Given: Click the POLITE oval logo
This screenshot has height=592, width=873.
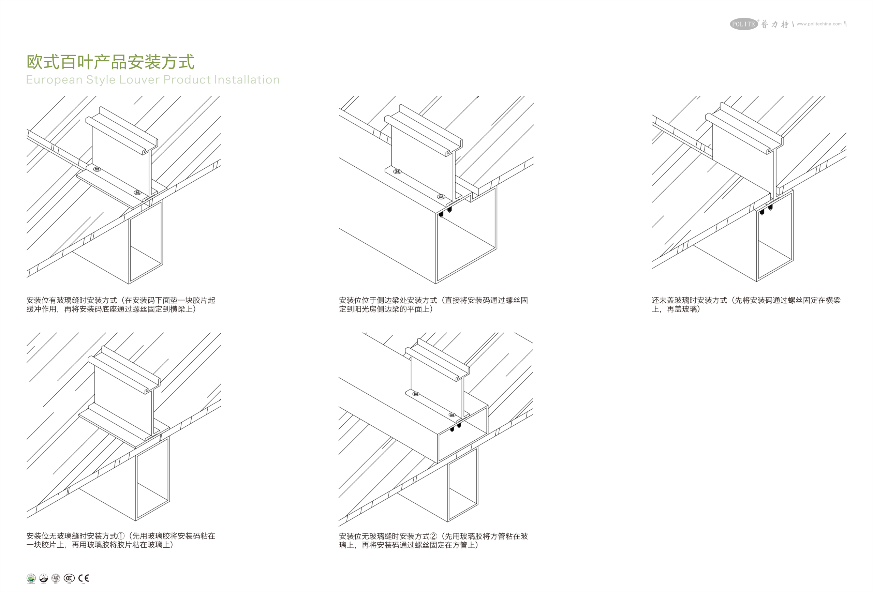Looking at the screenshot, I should [x=744, y=24].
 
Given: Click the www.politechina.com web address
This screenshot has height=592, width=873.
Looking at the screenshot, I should [x=819, y=24].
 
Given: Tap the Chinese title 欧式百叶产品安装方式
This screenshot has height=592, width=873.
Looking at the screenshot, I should [x=110, y=62].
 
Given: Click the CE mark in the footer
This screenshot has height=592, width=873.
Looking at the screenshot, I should [x=84, y=578].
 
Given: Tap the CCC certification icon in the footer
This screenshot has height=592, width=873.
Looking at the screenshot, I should [x=69, y=578].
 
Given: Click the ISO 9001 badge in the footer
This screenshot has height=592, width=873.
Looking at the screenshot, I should [x=56, y=578].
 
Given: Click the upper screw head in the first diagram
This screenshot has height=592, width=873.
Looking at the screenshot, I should [x=97, y=169].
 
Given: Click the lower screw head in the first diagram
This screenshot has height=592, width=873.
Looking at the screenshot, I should [x=137, y=193].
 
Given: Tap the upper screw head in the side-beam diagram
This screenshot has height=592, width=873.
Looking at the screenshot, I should [x=397, y=171].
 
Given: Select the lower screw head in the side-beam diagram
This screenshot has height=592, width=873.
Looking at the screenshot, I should [x=441, y=197].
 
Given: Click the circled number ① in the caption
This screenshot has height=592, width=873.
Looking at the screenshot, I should [x=121, y=536].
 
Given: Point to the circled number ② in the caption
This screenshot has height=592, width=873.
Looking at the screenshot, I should [x=433, y=536].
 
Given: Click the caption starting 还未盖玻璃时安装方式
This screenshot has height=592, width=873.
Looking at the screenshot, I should [x=746, y=304].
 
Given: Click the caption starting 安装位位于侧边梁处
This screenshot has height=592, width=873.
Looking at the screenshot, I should [x=433, y=304].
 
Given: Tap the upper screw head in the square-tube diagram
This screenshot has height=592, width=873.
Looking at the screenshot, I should [x=416, y=394].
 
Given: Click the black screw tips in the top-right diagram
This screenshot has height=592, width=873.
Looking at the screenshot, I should [x=766, y=209].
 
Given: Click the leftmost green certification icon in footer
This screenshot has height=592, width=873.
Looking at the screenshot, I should [x=31, y=578].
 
